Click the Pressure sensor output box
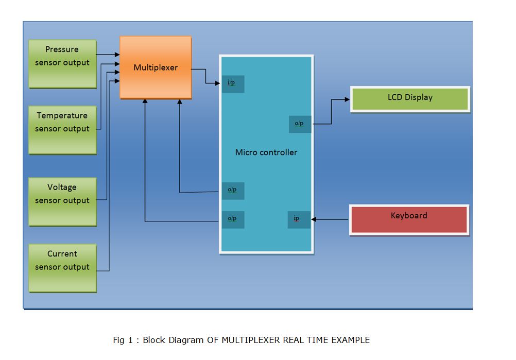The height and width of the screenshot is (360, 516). [62, 63]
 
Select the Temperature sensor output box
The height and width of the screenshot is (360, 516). [62, 129]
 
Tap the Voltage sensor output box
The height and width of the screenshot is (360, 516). [62, 201]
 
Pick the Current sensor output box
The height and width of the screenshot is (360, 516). [62, 267]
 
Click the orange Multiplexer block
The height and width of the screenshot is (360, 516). [156, 67]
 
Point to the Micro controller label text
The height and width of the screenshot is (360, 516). [266, 152]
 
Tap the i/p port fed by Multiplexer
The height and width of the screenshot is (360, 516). [233, 83]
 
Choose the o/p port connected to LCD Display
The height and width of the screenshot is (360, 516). [300, 124]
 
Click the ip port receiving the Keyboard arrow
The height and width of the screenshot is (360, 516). [299, 219]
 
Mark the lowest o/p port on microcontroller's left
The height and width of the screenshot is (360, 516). [233, 219]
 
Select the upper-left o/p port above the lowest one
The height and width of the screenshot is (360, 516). [233, 191]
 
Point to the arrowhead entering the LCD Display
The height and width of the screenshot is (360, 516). [348, 100]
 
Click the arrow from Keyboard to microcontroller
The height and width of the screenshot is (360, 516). [330, 220]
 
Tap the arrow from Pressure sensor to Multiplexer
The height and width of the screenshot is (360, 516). [108, 54]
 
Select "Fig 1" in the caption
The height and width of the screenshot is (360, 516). [123, 340]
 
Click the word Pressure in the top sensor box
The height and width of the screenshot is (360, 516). [62, 50]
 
